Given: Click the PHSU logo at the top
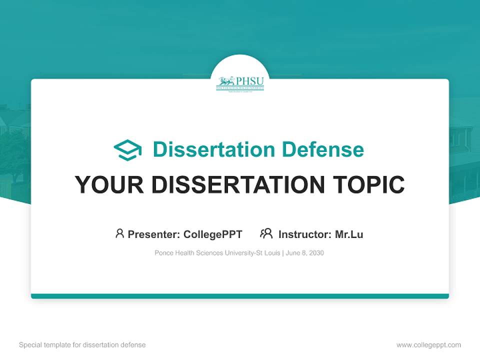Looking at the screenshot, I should [240, 83].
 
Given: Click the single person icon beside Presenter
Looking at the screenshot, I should [119, 233].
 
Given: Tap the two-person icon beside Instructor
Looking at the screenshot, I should [266, 233].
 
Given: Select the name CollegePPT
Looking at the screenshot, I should [212, 234].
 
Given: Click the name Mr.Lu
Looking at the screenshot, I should [349, 234].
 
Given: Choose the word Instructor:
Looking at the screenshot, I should [304, 234].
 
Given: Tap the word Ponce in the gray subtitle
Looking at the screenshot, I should [164, 253].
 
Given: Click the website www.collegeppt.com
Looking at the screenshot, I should [428, 345].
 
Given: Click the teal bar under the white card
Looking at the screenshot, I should [240, 296].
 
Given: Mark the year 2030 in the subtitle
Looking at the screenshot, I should [316, 253].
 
